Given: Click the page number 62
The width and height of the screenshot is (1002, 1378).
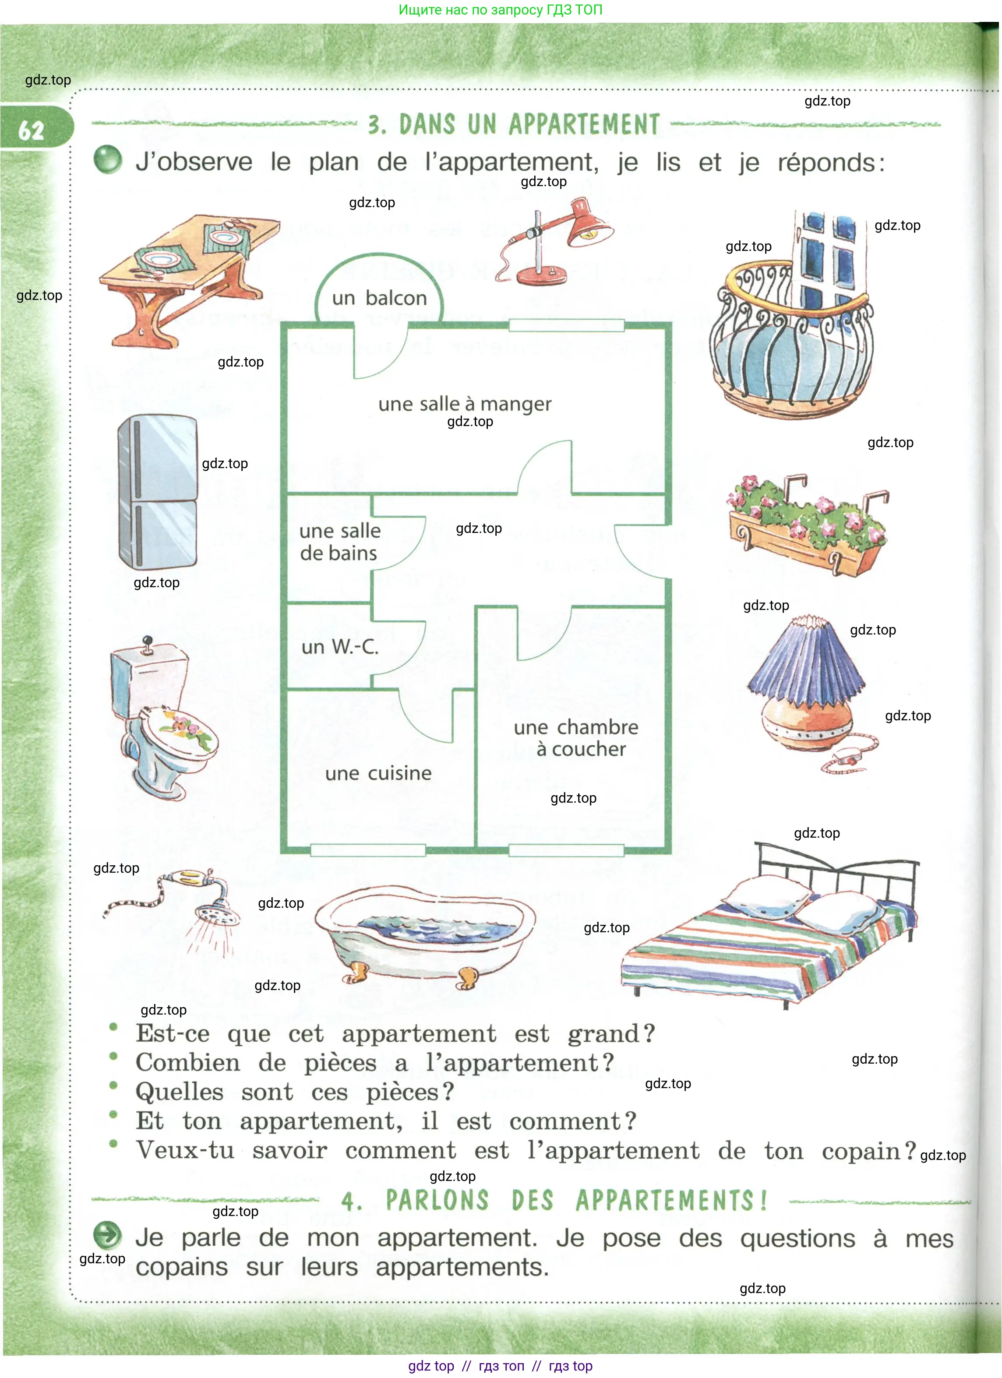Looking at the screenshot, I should (32, 130).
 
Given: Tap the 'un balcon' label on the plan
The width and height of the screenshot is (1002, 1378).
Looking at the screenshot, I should (379, 298).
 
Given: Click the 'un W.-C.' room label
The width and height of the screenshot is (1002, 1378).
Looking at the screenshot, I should (340, 646).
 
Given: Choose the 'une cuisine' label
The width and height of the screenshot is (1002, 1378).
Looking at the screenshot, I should (378, 773).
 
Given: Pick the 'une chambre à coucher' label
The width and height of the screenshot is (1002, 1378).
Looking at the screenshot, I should (576, 738).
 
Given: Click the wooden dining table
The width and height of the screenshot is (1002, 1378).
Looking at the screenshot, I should (188, 273).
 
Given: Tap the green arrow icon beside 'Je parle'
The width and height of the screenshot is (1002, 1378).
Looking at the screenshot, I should (108, 1235).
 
